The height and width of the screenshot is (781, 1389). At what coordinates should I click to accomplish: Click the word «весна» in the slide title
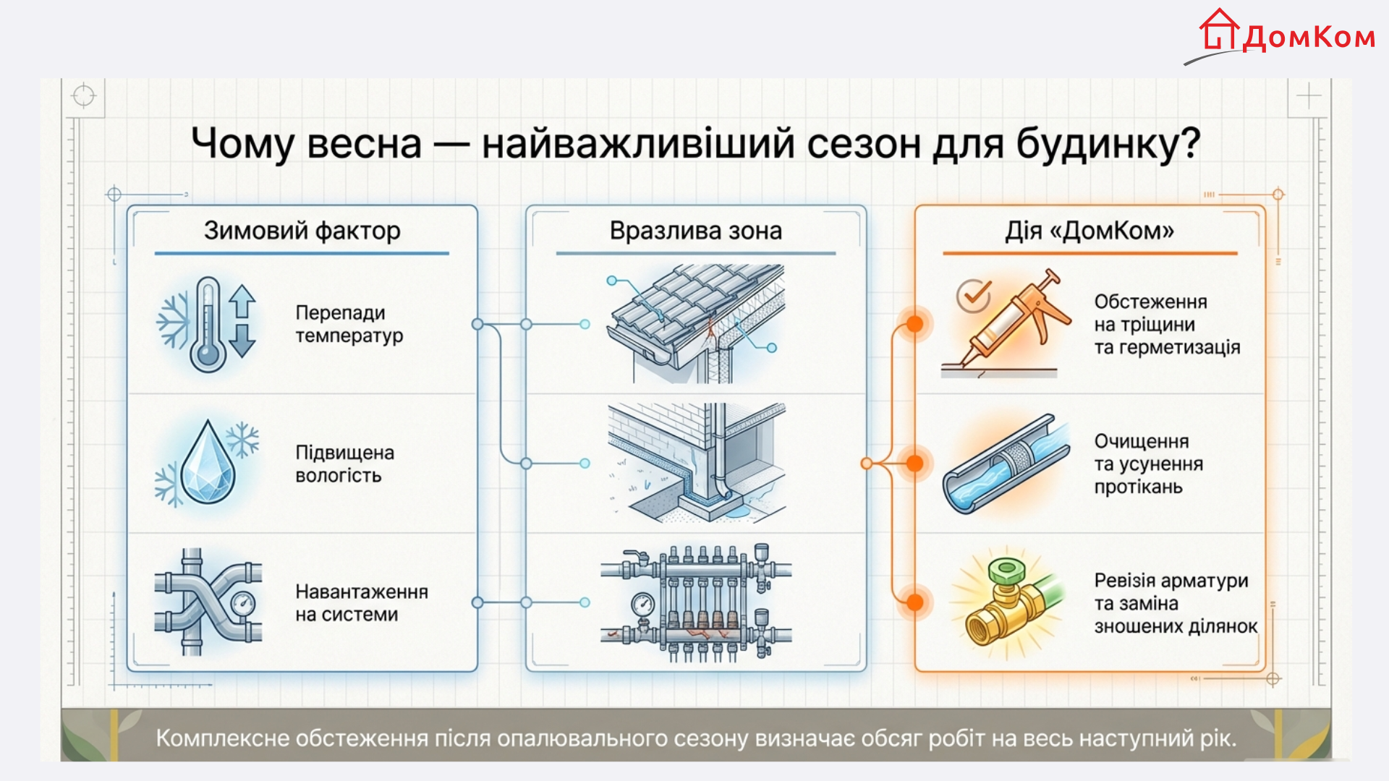coord(364,143)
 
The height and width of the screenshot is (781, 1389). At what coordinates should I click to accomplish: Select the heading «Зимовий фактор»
coord(302,231)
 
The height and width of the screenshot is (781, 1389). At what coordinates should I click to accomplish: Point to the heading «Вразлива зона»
coord(695,231)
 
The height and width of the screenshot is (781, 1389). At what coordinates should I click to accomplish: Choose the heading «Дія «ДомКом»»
coord(1089,231)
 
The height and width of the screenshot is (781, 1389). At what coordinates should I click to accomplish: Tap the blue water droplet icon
coord(208,463)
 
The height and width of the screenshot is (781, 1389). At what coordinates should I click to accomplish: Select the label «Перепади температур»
coord(349,324)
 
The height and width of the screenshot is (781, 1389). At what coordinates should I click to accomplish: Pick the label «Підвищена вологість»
coord(344,464)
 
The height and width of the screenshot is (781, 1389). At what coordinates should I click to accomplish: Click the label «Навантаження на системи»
coord(361,602)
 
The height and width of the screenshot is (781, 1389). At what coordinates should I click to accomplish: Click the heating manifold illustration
coord(696,602)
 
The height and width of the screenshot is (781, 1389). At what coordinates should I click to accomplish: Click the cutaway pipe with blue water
coord(1006,464)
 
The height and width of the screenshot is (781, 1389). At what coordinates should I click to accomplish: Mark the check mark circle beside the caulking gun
coord(973,295)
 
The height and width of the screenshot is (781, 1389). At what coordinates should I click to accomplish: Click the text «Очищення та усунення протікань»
coord(1148,464)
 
